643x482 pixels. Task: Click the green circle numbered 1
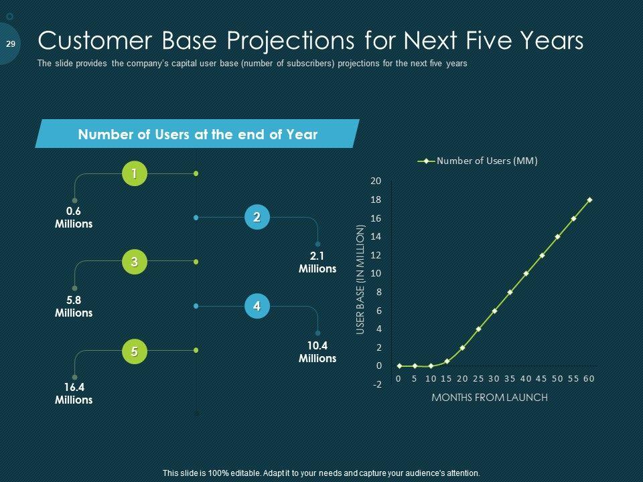[x=135, y=174]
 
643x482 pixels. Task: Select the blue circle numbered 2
[x=257, y=217]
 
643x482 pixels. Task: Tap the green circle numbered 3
[x=135, y=262]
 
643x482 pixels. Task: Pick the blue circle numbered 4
[x=257, y=306]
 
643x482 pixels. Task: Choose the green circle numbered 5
[x=135, y=351]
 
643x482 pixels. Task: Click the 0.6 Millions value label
[x=74, y=218]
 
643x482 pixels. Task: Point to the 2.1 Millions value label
[x=317, y=262]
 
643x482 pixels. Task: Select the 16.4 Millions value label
[x=74, y=394]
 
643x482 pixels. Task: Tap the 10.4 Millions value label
[x=317, y=351]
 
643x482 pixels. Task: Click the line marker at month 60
[x=589, y=200]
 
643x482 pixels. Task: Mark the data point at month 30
[x=494, y=311]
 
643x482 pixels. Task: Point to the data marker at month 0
[x=399, y=366]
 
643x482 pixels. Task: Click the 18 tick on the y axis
[x=376, y=199]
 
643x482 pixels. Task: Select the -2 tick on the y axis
[x=376, y=384]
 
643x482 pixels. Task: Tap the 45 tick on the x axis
[x=541, y=379]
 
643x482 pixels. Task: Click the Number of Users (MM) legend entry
[x=478, y=161]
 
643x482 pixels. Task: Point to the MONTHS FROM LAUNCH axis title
[x=490, y=398]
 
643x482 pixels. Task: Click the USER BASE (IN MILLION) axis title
[x=360, y=279]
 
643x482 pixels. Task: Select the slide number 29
[x=11, y=44]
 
